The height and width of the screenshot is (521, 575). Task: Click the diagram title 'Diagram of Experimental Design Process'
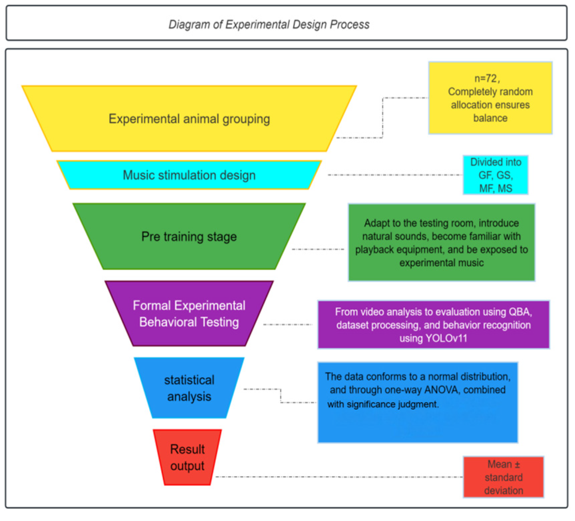click(x=269, y=24)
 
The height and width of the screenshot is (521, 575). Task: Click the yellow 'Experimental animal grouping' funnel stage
click(x=189, y=119)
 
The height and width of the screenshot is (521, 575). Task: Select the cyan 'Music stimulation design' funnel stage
click(x=189, y=175)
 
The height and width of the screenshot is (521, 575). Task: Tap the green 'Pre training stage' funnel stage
click(x=189, y=236)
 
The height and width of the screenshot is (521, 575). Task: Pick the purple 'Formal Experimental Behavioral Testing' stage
click(x=189, y=314)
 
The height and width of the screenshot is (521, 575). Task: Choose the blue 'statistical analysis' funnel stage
click(x=189, y=388)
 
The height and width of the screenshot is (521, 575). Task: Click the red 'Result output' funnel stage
click(x=187, y=457)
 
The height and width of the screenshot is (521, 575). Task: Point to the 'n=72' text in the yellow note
click(x=486, y=79)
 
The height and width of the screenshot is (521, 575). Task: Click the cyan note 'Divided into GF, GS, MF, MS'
click(x=495, y=175)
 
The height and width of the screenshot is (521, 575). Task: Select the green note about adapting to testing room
click(x=441, y=243)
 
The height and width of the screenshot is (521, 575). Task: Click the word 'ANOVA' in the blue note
click(x=442, y=390)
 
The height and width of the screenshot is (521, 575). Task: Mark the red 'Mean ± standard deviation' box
click(x=503, y=477)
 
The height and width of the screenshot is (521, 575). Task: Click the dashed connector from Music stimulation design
click(x=395, y=175)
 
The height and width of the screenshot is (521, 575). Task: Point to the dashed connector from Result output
click(x=339, y=477)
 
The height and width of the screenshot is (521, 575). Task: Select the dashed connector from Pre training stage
click(x=318, y=249)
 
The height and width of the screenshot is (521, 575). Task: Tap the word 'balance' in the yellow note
click(x=490, y=118)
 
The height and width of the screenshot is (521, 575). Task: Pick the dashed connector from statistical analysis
click(x=281, y=395)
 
